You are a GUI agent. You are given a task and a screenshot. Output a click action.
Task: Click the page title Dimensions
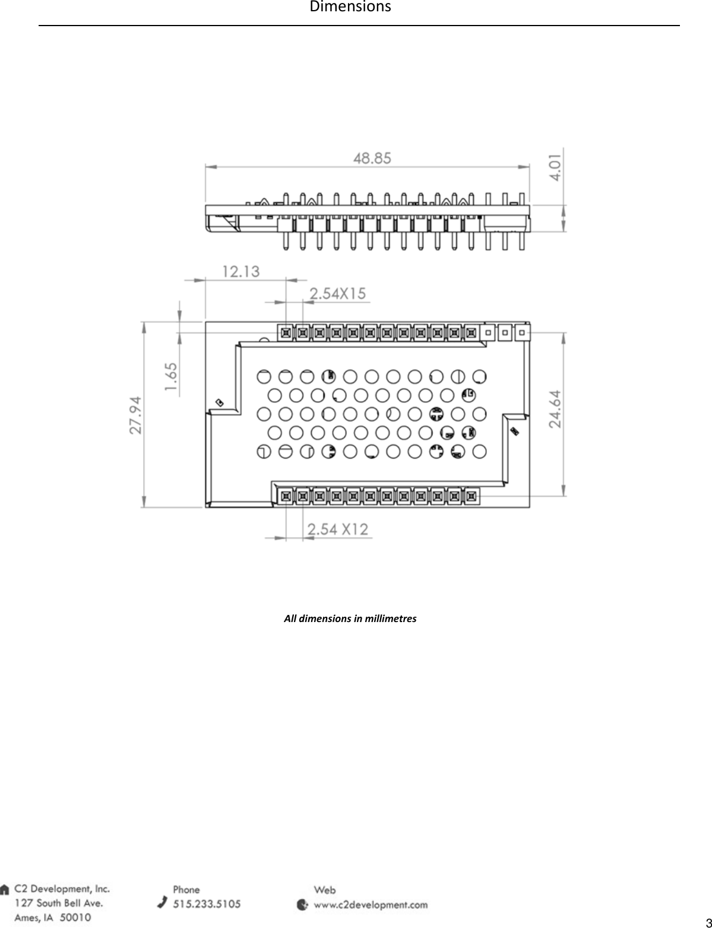click(x=350, y=7)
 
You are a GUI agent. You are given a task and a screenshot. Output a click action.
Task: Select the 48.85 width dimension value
click(x=372, y=159)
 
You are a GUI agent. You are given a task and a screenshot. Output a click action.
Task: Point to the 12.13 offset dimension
click(x=241, y=272)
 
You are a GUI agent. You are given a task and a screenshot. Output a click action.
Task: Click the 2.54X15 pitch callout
click(x=338, y=294)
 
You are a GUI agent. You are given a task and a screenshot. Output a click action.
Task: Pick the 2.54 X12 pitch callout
click(x=338, y=529)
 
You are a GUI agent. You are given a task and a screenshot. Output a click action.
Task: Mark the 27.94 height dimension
click(x=135, y=415)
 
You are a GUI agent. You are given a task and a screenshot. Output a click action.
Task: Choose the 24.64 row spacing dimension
click(x=555, y=409)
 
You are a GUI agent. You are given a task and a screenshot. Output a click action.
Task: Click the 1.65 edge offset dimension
click(x=171, y=377)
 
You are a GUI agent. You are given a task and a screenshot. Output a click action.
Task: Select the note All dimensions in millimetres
click(x=350, y=619)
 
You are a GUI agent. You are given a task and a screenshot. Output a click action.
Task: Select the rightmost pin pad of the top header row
click(x=521, y=332)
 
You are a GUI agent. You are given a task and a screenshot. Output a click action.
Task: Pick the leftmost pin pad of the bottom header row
click(x=286, y=496)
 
